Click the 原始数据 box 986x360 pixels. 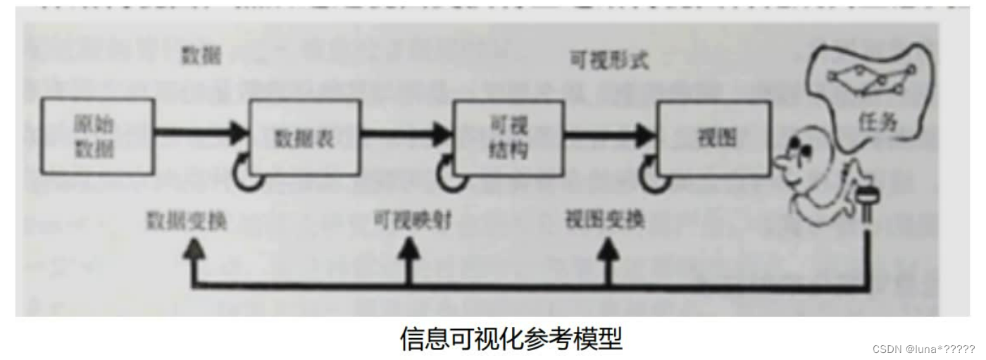[97, 137]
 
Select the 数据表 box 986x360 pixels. [304, 139]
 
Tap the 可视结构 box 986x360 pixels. [508, 138]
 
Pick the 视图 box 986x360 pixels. [713, 138]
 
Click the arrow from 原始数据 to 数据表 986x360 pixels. [201, 132]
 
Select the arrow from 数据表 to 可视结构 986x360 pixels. [405, 132]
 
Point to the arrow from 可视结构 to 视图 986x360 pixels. [610, 133]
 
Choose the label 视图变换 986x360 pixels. [604, 220]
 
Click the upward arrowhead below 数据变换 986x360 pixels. [194, 249]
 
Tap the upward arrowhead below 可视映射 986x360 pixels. [408, 249]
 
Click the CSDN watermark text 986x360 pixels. [923, 349]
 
